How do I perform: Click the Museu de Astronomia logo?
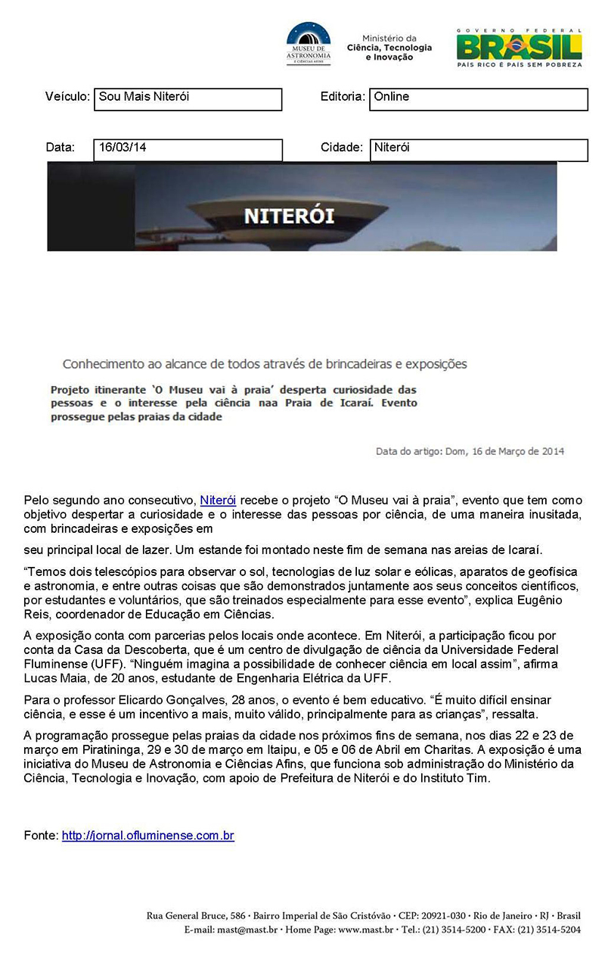(309, 45)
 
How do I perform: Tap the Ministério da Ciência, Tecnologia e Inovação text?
(389, 48)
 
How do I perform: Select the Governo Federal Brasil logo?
(519, 48)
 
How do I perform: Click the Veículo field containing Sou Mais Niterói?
(188, 99)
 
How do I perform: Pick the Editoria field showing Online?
(478, 99)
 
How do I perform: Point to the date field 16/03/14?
(188, 150)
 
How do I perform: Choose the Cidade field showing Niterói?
(478, 150)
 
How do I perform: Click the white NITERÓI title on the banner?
(290, 216)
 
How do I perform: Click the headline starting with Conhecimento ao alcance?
(265, 364)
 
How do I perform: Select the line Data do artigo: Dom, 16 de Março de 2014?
(470, 452)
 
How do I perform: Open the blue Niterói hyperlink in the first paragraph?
(218, 500)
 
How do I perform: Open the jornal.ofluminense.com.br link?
(148, 836)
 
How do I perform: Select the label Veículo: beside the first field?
(67, 97)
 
